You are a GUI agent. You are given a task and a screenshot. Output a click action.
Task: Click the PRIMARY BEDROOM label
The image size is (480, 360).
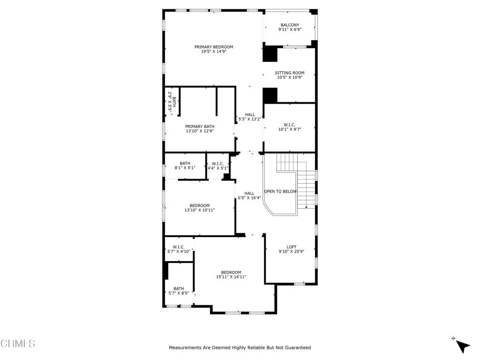[214, 47]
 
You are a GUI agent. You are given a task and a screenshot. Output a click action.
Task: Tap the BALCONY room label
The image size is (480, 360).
[290, 25]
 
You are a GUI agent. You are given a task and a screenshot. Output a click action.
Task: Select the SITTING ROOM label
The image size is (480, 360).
[290, 73]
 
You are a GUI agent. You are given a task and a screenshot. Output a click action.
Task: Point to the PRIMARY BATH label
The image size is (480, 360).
[200, 127]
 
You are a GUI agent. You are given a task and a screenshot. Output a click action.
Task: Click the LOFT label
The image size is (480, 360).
[292, 247]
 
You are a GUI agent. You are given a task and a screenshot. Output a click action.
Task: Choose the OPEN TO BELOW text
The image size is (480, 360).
[280, 191]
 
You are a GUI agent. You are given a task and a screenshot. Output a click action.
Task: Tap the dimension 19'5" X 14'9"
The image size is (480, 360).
[214, 52]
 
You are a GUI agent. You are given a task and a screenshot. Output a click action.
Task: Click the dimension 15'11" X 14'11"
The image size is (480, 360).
[231, 277]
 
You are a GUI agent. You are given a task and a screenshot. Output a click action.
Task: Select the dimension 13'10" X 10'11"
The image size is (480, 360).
[200, 210]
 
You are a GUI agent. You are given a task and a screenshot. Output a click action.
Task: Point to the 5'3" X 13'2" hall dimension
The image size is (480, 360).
[249, 119]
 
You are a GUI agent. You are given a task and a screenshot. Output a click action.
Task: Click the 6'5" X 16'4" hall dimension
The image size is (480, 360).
[249, 198]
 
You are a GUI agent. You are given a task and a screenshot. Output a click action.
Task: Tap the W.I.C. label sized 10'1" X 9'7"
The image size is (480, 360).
[289, 125]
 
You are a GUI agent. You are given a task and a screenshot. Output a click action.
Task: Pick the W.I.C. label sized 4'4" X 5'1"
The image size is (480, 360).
[218, 164]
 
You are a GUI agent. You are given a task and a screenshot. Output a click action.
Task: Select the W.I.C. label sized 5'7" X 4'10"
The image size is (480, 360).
[179, 247]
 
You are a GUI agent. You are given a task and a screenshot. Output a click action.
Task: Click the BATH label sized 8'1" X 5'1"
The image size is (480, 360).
[185, 163]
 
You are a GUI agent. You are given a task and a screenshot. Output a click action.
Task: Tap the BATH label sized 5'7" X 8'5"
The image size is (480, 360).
[179, 289]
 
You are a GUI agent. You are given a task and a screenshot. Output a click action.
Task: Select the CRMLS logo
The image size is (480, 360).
[18, 344]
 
